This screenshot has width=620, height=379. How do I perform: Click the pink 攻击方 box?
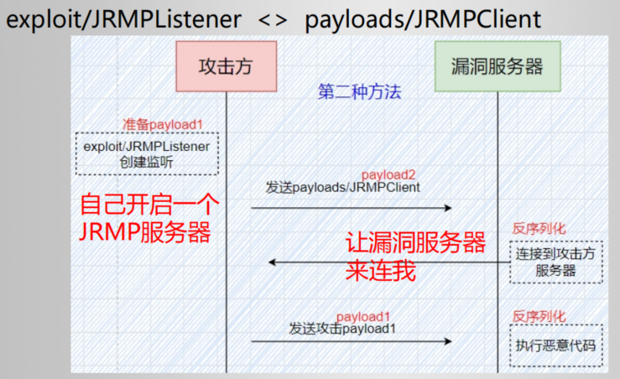226,65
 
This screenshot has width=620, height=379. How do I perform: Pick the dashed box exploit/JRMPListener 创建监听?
146,153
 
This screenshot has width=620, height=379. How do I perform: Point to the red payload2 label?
388,174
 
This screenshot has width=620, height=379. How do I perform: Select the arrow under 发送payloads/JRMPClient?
352,207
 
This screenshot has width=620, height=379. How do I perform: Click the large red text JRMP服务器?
144,232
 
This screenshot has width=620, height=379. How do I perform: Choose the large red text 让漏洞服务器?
415,244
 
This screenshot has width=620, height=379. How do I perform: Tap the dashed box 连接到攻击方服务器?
556,261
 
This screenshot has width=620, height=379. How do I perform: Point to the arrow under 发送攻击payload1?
352,341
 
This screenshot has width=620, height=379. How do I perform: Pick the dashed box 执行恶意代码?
556,344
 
